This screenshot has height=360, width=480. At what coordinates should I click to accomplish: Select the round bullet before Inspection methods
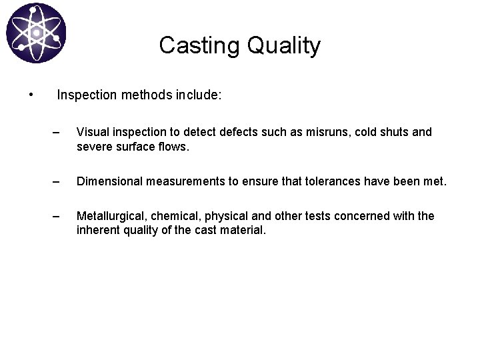[x=31, y=95]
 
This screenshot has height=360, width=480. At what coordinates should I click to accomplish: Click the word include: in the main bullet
[x=199, y=95]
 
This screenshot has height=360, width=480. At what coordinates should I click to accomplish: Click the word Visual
[x=93, y=132]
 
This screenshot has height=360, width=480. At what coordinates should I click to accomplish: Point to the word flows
[x=173, y=146]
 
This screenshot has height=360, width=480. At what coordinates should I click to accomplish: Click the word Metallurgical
[x=110, y=216]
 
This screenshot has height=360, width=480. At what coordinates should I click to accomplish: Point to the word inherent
[x=98, y=230]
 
